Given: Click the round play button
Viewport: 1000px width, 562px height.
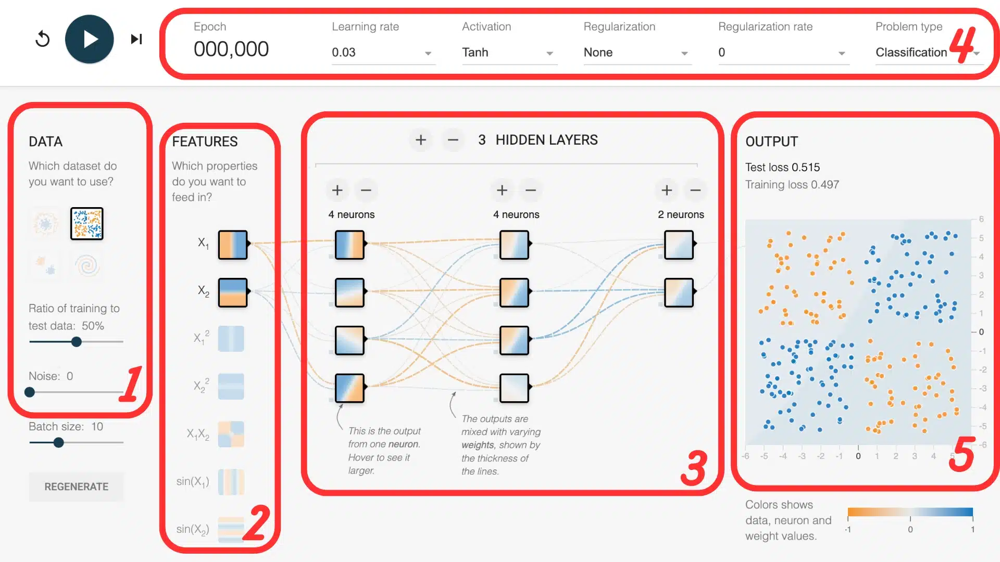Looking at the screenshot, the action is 90,39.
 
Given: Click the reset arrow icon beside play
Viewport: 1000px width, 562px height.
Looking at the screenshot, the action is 43,39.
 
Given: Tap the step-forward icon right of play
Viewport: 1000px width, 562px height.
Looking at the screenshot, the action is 136,39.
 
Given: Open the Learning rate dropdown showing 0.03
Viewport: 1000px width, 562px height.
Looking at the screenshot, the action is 383,53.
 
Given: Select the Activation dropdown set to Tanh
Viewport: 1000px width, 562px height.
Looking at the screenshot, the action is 509,53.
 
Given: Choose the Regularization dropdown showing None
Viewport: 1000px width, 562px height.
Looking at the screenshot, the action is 637,53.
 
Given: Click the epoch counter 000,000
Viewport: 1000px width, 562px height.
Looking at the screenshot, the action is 231,49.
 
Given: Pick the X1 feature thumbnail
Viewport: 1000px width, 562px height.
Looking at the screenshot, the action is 233,245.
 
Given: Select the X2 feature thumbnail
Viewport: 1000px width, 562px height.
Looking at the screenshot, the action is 233,292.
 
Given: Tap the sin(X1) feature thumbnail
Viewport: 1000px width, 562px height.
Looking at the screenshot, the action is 231,482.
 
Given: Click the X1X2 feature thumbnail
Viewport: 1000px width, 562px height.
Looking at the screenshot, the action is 231,434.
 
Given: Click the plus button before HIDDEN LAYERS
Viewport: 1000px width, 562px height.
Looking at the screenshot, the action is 421,140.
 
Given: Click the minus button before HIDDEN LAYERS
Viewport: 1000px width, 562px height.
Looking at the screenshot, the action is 453,140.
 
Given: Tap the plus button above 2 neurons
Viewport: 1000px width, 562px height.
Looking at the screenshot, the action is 667,190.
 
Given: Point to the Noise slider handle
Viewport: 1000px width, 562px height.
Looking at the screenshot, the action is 30,392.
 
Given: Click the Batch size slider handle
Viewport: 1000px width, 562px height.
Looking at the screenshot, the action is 59,443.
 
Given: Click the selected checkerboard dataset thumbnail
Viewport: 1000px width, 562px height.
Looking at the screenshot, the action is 87,224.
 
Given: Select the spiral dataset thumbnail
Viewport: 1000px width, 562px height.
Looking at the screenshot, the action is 87,265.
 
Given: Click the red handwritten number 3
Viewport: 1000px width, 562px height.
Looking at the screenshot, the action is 694,468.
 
